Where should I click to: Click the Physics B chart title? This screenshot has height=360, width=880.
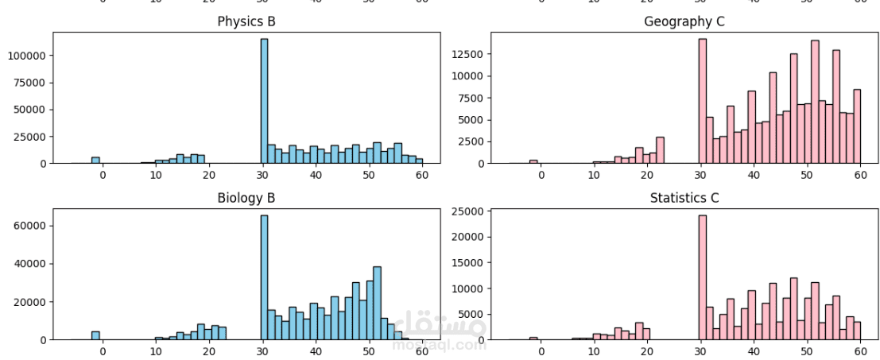click(x=246, y=21)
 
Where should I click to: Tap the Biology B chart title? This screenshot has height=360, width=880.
click(x=246, y=198)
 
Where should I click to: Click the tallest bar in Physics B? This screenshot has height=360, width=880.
click(x=264, y=102)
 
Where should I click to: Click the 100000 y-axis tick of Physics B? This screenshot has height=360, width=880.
click(x=28, y=56)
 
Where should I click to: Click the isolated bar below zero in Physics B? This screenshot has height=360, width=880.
click(x=95, y=160)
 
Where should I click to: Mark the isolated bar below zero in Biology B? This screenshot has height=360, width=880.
click(x=95, y=336)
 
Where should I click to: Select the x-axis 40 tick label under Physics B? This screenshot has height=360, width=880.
click(x=316, y=175)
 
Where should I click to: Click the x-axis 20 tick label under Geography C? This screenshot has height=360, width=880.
click(x=647, y=175)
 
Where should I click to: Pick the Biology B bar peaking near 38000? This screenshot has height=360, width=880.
click(x=377, y=304)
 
